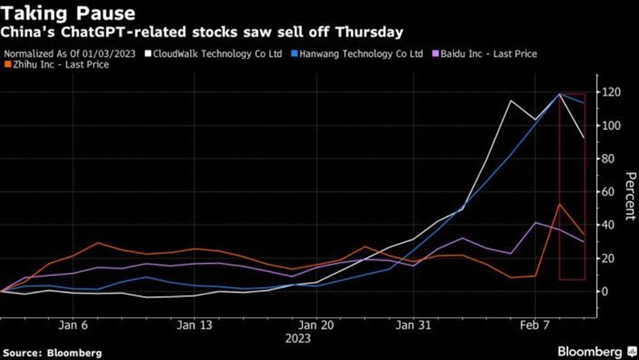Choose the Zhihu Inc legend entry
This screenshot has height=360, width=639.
click(58, 65)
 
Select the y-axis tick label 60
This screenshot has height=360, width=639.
click(610, 192)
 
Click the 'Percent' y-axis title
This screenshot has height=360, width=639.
click(630, 196)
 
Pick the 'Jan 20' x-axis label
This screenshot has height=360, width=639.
click(317, 325)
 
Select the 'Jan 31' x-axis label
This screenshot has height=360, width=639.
click(413, 325)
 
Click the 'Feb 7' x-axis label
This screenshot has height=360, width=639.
click(535, 325)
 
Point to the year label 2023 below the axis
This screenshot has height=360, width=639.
click(298, 338)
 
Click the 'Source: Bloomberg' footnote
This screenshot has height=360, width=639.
click(53, 353)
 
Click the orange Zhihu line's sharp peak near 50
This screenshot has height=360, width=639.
click(559, 204)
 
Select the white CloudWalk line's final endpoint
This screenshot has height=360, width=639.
click(584, 138)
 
